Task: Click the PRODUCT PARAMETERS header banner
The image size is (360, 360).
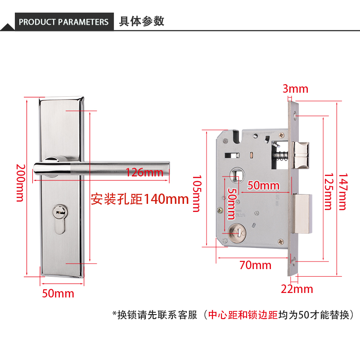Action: click(x=63, y=22)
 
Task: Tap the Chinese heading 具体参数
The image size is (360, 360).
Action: click(x=141, y=21)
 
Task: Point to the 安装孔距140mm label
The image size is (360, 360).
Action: click(x=139, y=199)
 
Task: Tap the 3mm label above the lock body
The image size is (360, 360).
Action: click(x=296, y=89)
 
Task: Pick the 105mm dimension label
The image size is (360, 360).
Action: click(x=196, y=193)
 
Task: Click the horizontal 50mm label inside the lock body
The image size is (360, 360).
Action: click(x=264, y=185)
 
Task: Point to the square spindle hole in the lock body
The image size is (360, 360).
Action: click(x=237, y=174)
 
